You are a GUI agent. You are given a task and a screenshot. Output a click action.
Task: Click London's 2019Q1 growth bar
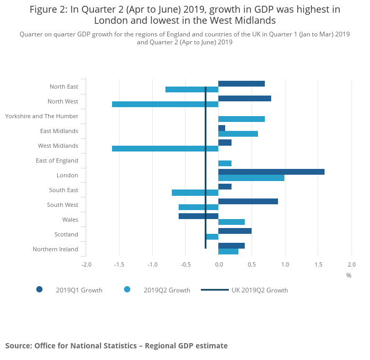click(x=271, y=172)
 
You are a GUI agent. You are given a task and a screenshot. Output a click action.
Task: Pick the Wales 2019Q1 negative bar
click(x=198, y=216)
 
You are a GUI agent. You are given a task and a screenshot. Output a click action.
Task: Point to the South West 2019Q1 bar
click(x=248, y=201)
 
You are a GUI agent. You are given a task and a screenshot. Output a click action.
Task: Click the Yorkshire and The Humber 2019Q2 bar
click(x=242, y=119)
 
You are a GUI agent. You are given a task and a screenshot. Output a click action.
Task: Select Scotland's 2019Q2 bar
click(x=212, y=236)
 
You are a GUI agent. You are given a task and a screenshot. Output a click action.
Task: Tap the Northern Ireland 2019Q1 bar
click(x=232, y=245)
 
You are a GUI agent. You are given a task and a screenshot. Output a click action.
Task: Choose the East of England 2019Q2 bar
click(x=225, y=163)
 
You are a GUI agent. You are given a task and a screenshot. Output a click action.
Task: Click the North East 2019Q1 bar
click(x=242, y=83)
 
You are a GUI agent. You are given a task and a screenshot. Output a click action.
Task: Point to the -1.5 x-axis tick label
click(x=119, y=264)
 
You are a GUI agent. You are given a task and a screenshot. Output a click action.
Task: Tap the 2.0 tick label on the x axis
click(x=351, y=264)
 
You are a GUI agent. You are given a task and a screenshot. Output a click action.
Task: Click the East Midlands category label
click(x=59, y=131)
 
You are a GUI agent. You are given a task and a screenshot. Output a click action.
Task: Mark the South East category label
click(x=63, y=190)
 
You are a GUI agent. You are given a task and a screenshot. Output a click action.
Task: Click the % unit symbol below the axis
click(x=349, y=275)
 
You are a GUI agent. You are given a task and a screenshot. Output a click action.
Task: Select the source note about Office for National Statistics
click(x=116, y=346)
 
